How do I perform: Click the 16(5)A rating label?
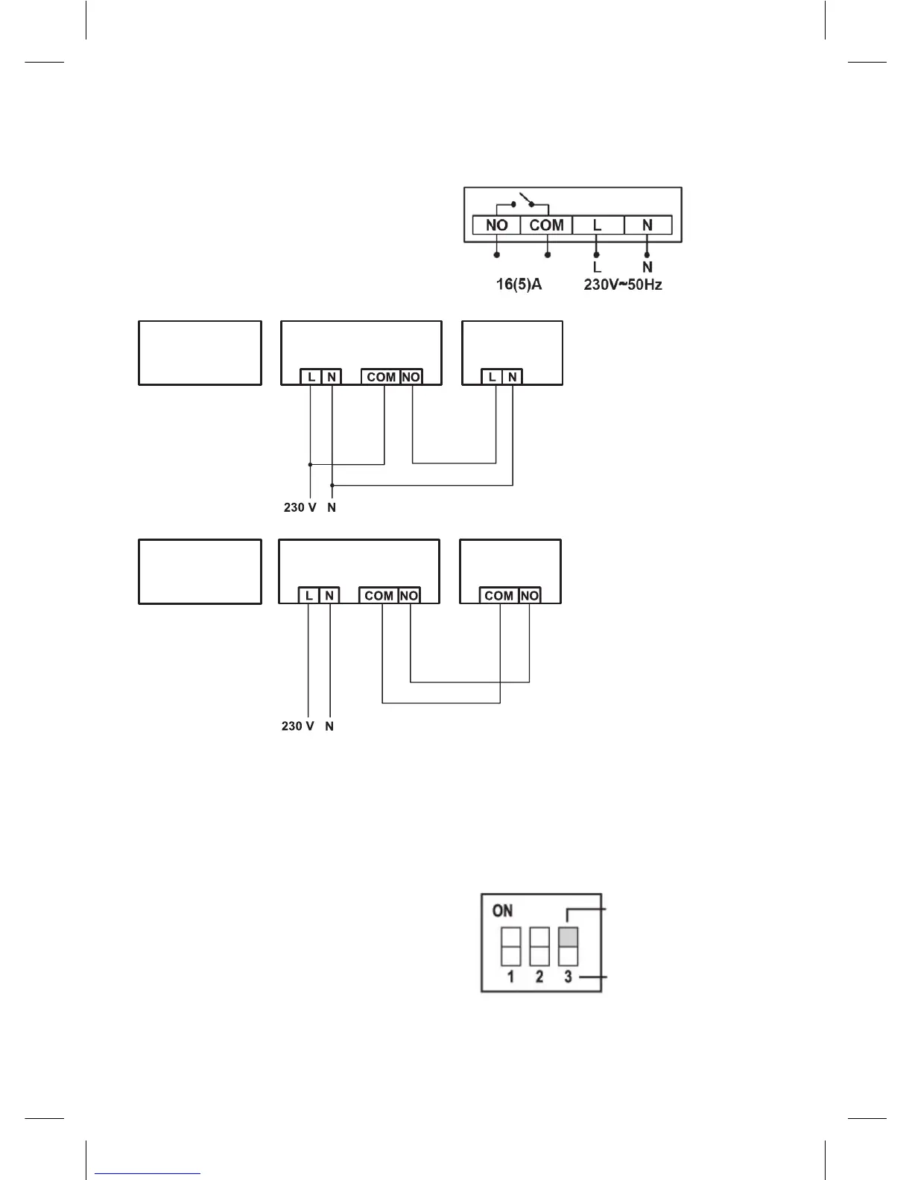tap(519, 285)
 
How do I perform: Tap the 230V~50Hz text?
tap(623, 285)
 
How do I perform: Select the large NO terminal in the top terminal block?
tap(497, 225)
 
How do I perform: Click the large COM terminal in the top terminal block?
tap(546, 225)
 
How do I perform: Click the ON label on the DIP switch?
tap(503, 910)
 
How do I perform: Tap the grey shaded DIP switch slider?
tap(569, 936)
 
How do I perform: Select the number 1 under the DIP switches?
tap(510, 977)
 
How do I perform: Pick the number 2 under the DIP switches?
tap(539, 977)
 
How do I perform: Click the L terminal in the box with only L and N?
tap(492, 377)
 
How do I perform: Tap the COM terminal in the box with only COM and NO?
tap(498, 595)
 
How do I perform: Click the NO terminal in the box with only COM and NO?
tap(529, 595)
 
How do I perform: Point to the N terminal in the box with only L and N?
tap(513, 377)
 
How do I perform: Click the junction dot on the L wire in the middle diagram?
tap(310, 464)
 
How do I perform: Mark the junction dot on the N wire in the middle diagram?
tap(332, 485)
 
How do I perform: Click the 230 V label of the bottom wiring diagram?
tap(297, 726)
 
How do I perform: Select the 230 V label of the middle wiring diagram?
tap(300, 507)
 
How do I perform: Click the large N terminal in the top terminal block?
tap(647, 225)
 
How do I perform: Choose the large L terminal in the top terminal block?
tap(597, 225)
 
